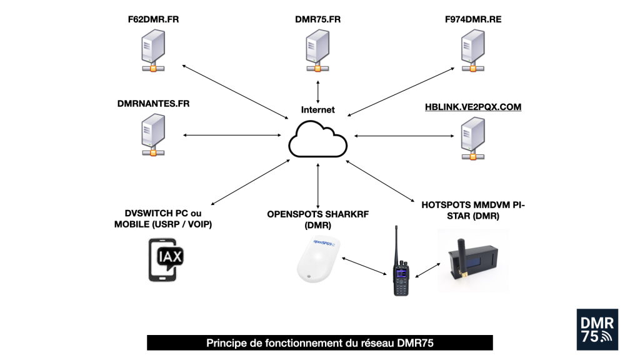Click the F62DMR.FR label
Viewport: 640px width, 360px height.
tap(152, 19)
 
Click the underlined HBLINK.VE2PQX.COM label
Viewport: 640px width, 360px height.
tap(472, 107)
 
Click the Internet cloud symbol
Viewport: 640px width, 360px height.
tap(318, 139)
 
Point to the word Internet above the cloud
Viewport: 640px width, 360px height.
tap(318, 109)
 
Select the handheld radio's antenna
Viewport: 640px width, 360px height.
tap(396, 244)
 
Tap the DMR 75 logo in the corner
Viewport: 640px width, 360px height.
tap(597, 329)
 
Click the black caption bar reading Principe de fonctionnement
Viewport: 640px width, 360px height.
tap(320, 343)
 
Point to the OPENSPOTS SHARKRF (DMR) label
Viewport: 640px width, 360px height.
tap(318, 219)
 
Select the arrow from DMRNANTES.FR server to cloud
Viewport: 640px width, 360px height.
tap(231, 135)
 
